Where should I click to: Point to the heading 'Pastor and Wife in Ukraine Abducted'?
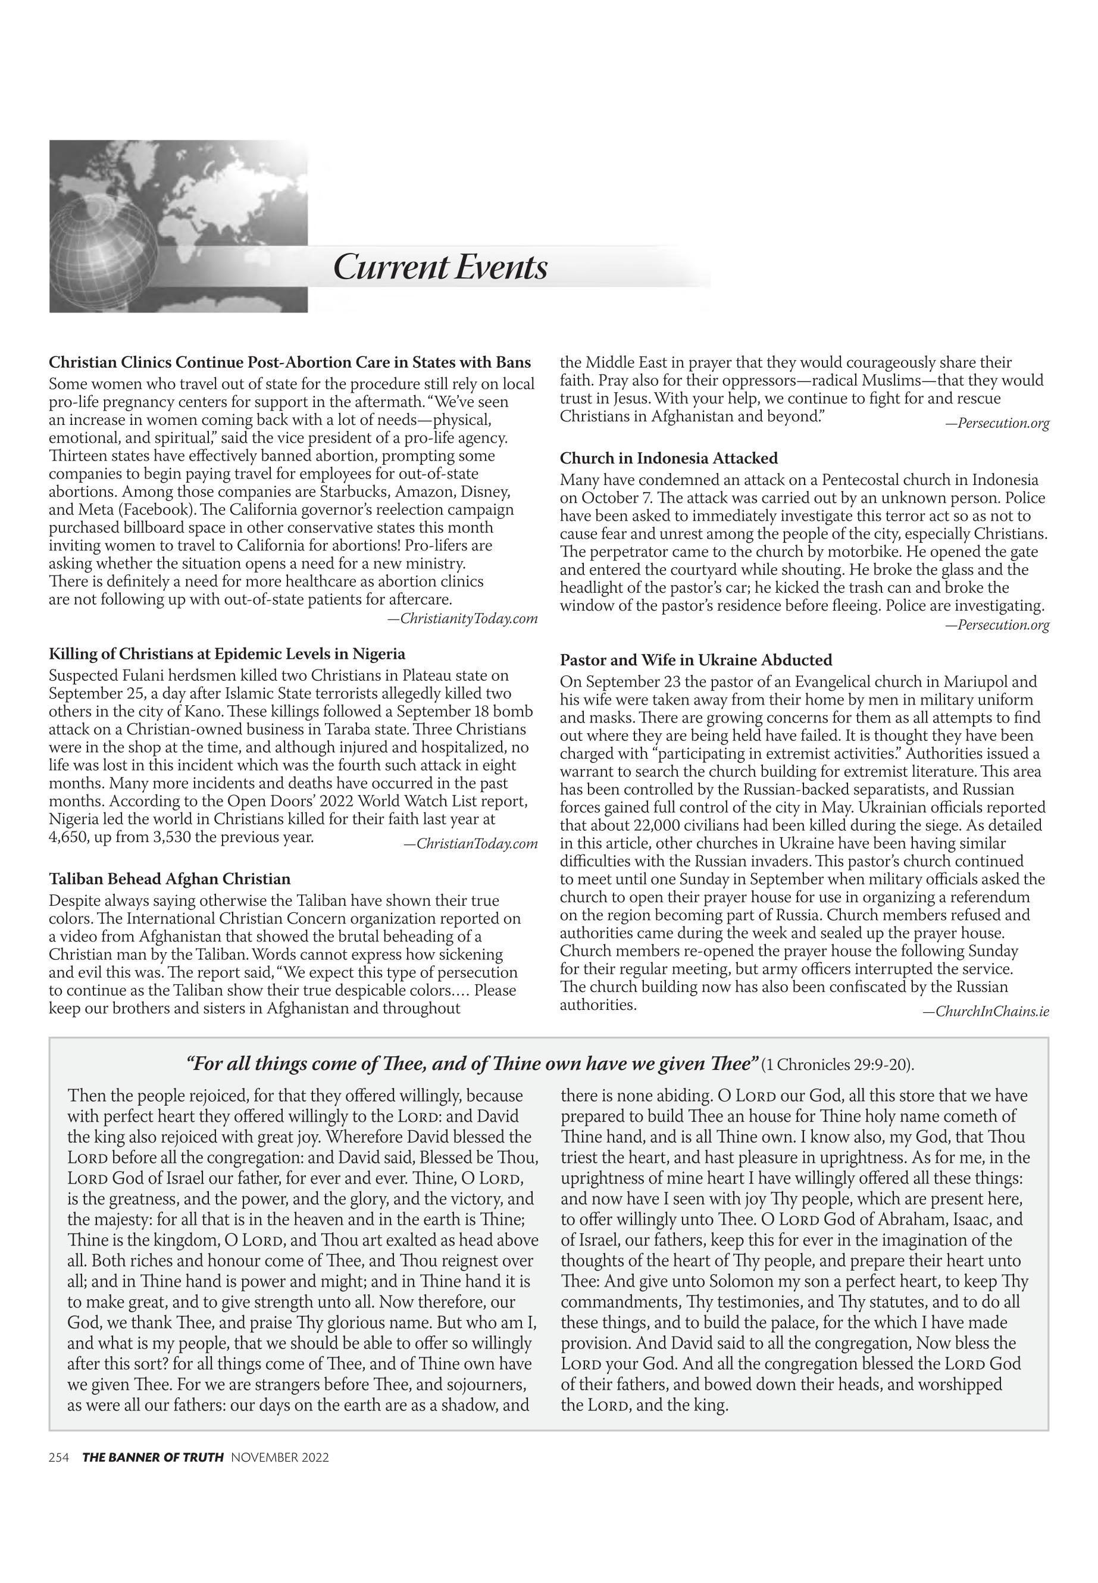[x=696, y=660]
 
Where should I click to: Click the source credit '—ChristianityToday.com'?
[x=462, y=618]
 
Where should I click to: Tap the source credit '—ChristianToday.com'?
[x=471, y=843]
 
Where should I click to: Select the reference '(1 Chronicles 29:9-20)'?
[x=838, y=1065]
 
